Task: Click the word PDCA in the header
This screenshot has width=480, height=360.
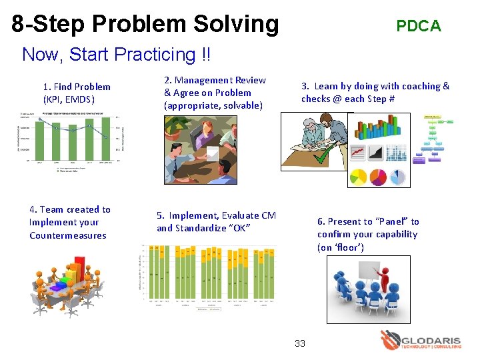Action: click(418, 26)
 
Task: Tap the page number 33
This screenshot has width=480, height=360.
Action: click(300, 343)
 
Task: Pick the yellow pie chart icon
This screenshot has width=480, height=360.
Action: click(358, 177)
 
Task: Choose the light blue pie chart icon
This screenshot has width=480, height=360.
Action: click(397, 177)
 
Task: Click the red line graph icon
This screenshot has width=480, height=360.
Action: click(358, 153)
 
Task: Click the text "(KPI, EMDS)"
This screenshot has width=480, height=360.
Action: click(69, 99)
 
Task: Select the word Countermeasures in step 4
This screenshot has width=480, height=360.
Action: click(67, 235)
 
